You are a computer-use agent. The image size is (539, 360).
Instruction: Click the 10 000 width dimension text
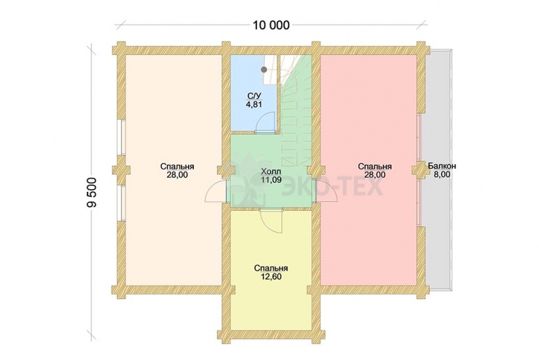click(x=271, y=25)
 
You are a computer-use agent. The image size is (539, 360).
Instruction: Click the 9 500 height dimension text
click(x=93, y=192)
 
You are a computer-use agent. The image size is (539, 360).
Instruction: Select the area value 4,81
click(x=254, y=104)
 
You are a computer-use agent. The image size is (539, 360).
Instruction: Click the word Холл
click(x=271, y=171)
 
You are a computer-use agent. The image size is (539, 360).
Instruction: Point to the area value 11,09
click(x=271, y=179)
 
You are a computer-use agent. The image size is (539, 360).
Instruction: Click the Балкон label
click(x=442, y=166)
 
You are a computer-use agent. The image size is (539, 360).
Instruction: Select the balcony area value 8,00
click(x=442, y=174)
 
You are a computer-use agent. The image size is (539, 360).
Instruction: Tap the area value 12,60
click(x=271, y=276)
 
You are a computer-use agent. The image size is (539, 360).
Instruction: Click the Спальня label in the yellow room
click(x=271, y=268)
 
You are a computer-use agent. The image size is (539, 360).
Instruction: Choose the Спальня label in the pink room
click(x=375, y=167)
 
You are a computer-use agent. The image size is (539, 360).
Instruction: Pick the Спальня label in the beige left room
click(x=177, y=167)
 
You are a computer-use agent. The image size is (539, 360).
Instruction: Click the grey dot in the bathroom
click(x=264, y=69)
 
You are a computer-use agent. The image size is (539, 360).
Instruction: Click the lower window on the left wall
click(x=122, y=203)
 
